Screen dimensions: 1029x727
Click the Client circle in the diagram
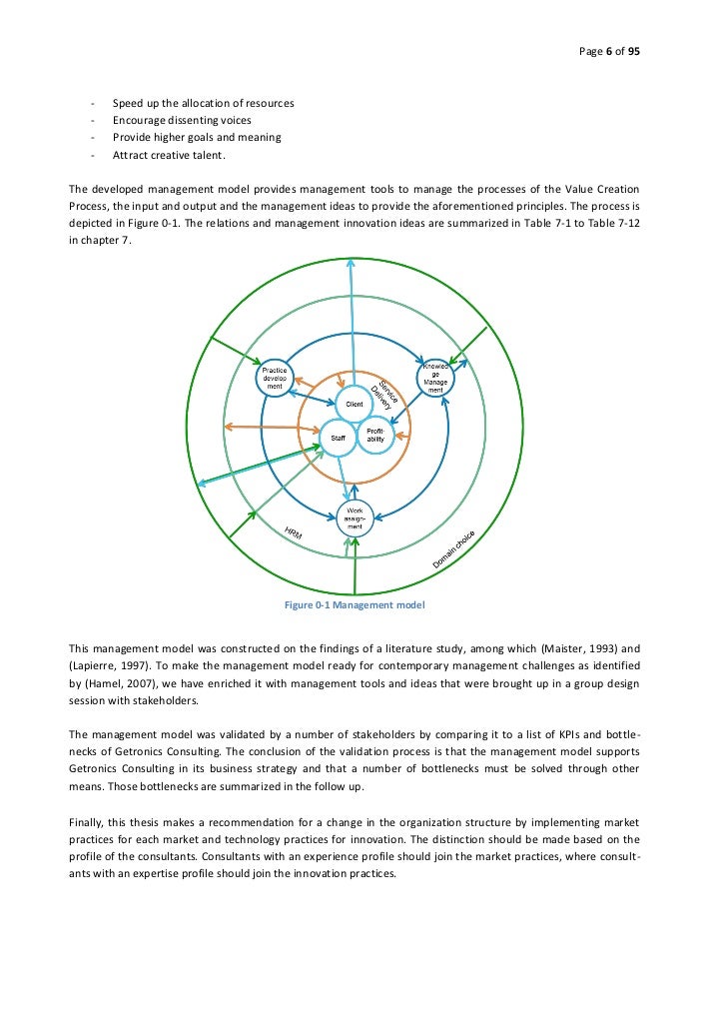tap(355, 403)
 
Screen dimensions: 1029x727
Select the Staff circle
tap(338, 437)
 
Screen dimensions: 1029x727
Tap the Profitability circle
tap(374, 435)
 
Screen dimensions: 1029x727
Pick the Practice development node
tap(274, 379)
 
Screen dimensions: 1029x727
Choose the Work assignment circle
tap(355, 518)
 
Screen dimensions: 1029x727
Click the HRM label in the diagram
tap(294, 534)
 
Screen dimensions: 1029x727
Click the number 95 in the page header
tap(634, 52)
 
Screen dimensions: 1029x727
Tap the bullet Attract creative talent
tap(170, 155)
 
